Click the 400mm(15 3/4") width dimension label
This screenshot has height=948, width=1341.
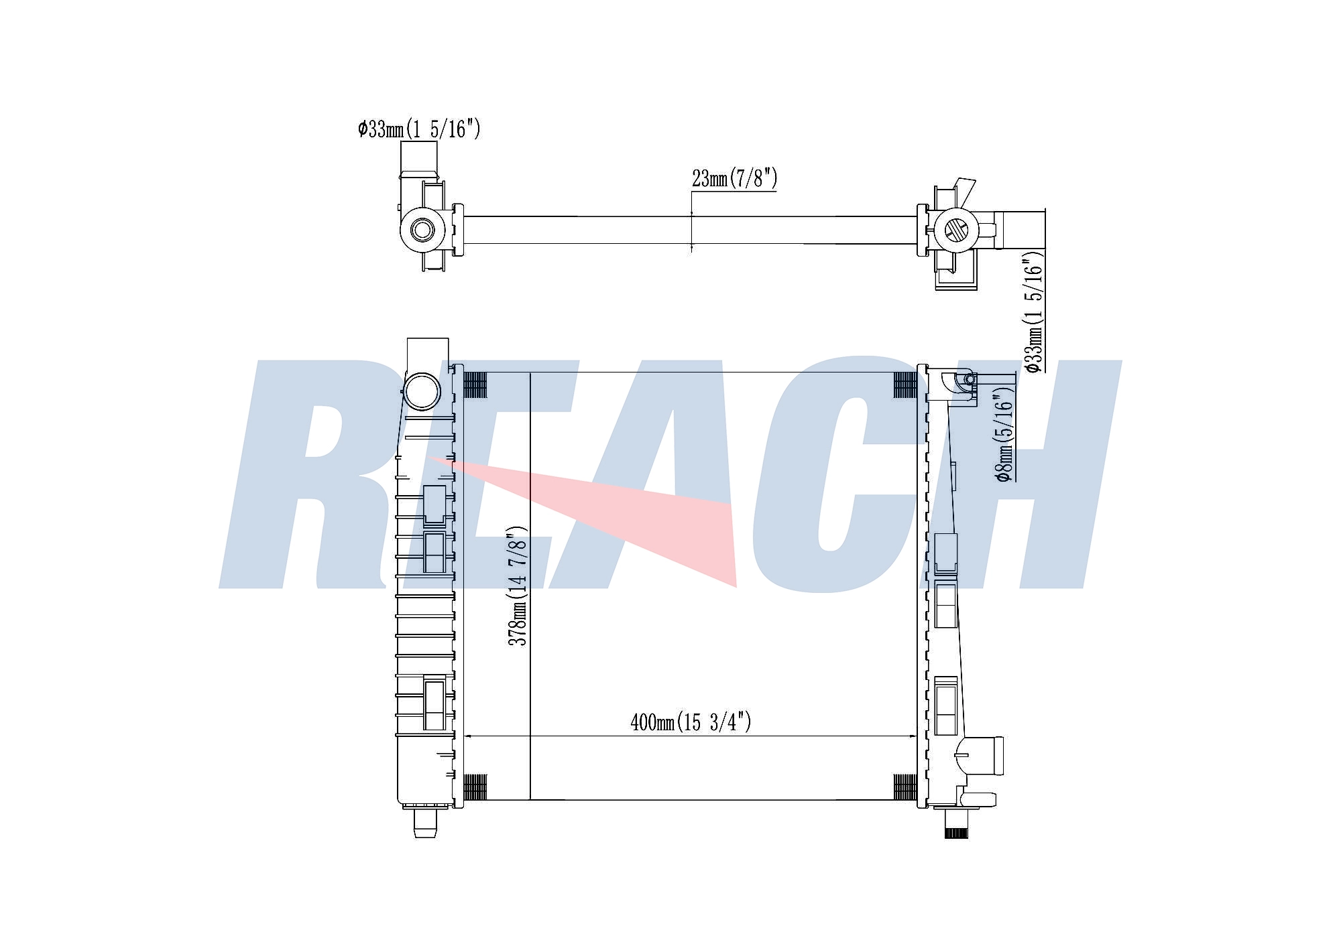[691, 722]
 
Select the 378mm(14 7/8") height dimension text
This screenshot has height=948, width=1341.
[518, 586]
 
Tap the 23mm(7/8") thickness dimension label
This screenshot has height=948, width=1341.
[734, 179]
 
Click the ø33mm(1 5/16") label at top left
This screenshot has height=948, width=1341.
[419, 129]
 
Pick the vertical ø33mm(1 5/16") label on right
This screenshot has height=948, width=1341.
[1035, 312]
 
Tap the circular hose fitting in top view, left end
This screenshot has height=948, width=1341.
[422, 230]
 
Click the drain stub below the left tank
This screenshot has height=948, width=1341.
[424, 823]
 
